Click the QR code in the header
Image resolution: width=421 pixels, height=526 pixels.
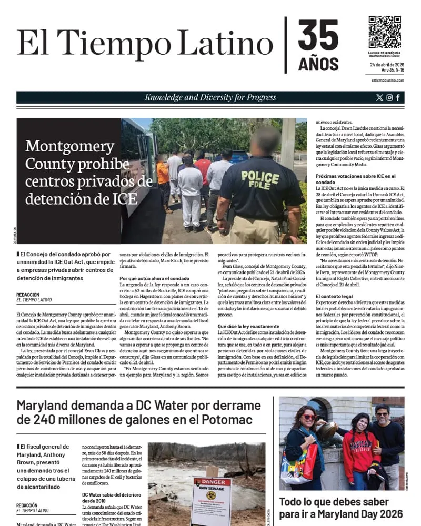384,32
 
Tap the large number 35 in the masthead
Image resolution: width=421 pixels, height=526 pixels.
318,36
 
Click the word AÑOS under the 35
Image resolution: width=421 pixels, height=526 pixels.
318,64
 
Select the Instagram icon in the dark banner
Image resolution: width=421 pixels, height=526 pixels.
389,97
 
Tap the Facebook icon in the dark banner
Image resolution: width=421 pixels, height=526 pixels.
398,97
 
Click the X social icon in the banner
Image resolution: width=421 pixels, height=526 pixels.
380,97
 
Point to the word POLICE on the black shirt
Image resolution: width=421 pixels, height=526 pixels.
260,175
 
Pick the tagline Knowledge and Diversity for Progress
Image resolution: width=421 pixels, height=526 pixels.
210,97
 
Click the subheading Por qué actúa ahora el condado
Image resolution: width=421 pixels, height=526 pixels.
155,278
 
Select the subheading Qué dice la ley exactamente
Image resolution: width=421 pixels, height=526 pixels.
249,326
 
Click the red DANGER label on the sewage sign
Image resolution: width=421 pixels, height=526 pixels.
210,482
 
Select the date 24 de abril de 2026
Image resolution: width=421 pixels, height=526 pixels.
386,64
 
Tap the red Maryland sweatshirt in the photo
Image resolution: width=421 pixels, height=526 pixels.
361,452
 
